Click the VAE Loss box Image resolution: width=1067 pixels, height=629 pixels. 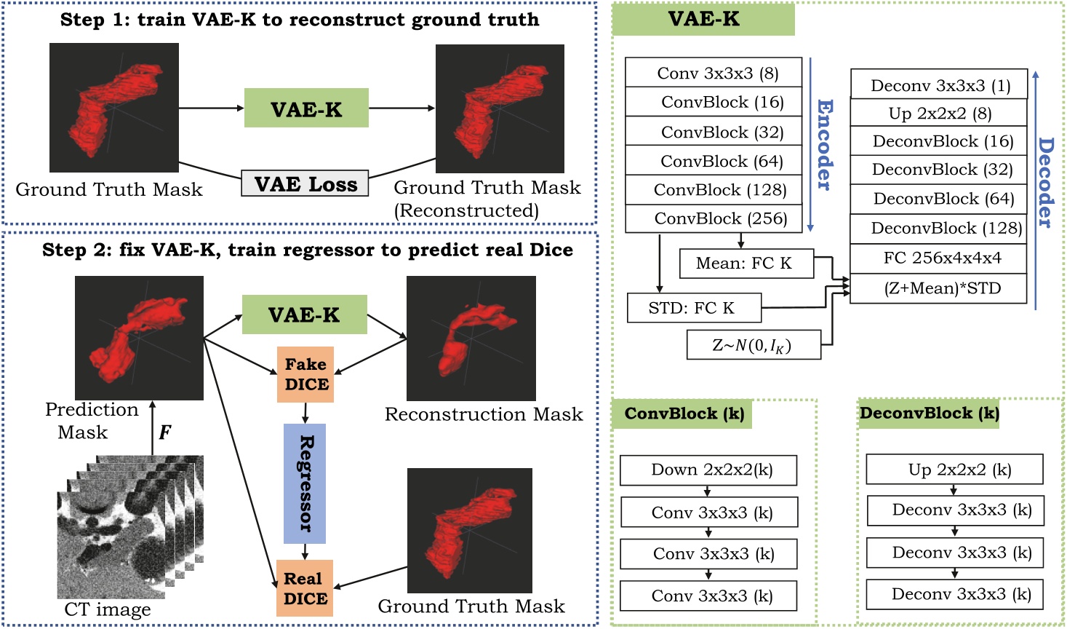[305, 184]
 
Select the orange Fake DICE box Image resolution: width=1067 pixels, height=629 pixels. [305, 374]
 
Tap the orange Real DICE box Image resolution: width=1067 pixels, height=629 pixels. [305, 588]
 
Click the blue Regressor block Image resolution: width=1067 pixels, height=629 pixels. [305, 483]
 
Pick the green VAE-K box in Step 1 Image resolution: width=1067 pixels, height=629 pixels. [306, 108]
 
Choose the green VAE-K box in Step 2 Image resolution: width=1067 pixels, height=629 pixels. [304, 314]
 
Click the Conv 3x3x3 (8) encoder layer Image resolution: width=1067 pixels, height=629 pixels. [714, 73]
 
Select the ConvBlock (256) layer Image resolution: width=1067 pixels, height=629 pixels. [714, 218]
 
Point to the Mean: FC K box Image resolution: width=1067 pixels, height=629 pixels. [746, 264]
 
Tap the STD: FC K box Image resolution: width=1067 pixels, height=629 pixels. [694, 308]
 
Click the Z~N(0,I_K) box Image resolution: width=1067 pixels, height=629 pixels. [754, 345]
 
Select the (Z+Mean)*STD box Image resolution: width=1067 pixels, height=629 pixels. [938, 288]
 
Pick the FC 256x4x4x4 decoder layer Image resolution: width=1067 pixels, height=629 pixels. [938, 258]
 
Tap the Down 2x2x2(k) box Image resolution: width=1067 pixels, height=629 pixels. [708, 470]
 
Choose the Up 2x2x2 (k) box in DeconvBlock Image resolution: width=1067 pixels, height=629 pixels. [954, 470]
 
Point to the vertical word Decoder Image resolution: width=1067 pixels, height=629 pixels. [1046, 182]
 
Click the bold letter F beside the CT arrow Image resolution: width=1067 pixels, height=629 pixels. [165, 432]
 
